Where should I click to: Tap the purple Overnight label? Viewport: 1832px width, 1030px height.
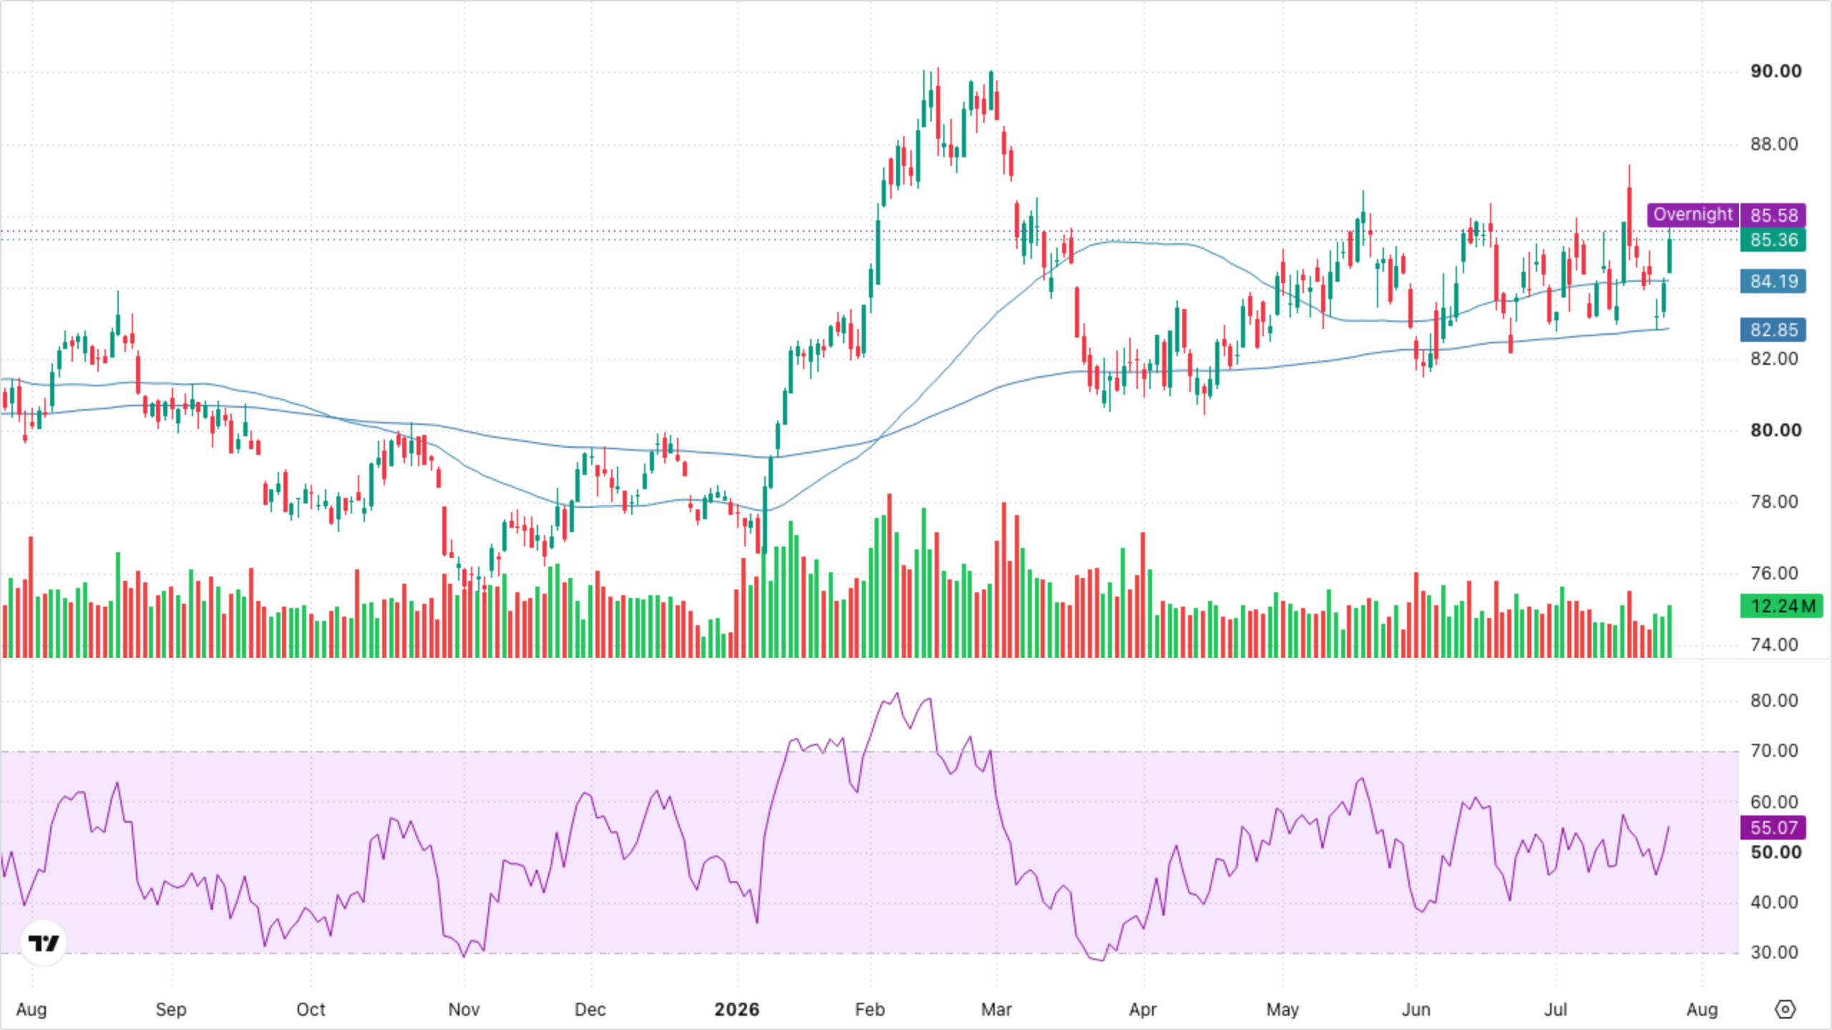pyautogui.click(x=1693, y=215)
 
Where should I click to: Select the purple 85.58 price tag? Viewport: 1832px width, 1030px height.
pyautogui.click(x=1773, y=215)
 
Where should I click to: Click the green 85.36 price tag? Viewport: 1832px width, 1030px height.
pyautogui.click(x=1773, y=240)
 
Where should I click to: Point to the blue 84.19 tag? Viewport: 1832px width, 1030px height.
pyautogui.click(x=1773, y=281)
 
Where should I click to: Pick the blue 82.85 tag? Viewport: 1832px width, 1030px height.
pyautogui.click(x=1773, y=330)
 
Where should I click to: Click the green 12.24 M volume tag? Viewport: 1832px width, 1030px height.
pyautogui.click(x=1782, y=606)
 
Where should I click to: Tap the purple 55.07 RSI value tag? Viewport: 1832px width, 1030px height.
pyautogui.click(x=1773, y=828)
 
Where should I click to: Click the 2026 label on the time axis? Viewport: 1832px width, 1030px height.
pyautogui.click(x=737, y=1009)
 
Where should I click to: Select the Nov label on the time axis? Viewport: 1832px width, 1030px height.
pyautogui.click(x=464, y=1009)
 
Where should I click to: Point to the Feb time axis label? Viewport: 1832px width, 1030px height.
pyautogui.click(x=870, y=1009)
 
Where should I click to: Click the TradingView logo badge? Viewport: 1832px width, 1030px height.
pyautogui.click(x=44, y=943)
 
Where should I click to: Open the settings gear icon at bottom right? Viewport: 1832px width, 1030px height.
pyautogui.click(x=1785, y=1009)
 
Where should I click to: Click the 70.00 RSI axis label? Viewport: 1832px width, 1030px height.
pyautogui.click(x=1774, y=751)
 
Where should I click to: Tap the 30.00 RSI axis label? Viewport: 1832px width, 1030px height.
pyautogui.click(x=1774, y=953)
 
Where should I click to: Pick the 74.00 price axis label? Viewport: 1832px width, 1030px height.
pyautogui.click(x=1774, y=645)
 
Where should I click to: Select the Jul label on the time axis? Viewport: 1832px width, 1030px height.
pyautogui.click(x=1556, y=1009)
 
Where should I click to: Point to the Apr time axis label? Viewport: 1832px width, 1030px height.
pyautogui.click(x=1143, y=1009)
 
